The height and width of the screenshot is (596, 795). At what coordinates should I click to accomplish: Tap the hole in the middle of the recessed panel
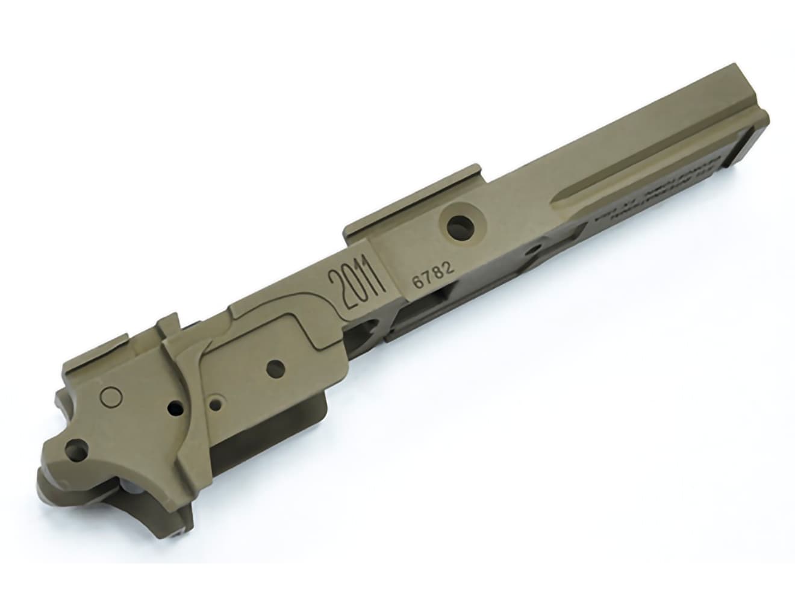(x=275, y=367)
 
